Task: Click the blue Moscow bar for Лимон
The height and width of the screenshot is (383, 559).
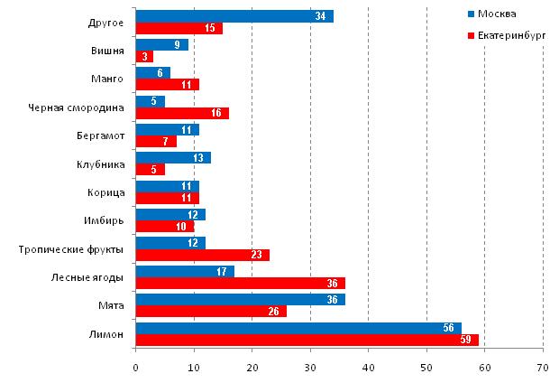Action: [298, 329]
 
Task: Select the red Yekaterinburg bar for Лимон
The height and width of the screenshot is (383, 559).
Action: [307, 341]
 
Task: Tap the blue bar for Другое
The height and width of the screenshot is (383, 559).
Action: [234, 16]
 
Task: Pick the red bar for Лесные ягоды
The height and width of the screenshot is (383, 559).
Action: [239, 284]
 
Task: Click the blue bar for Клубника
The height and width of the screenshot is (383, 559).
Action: [172, 158]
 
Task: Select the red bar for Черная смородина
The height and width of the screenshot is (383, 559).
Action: [181, 114]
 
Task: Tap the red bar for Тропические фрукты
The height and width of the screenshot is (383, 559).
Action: [202, 255]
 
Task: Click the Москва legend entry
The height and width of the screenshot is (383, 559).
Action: [497, 14]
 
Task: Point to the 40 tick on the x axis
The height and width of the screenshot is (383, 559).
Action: [368, 368]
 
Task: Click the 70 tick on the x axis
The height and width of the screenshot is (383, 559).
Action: [543, 368]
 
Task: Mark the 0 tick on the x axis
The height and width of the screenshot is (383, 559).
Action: [135, 368]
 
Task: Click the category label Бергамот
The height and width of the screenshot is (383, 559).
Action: [100, 135]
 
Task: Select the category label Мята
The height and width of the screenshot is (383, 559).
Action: [112, 306]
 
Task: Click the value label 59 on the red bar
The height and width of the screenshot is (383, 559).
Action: [468, 341]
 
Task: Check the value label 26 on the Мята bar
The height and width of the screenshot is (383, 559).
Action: [275, 312]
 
